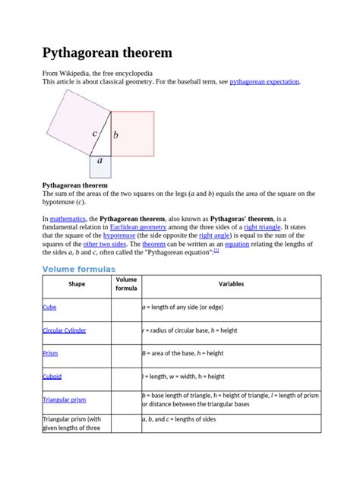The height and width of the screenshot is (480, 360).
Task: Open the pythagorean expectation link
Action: [264, 81]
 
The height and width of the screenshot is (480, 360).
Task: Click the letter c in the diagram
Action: [95, 134]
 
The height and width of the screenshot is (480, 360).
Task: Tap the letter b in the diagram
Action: [115, 136]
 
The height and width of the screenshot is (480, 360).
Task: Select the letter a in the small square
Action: [100, 161]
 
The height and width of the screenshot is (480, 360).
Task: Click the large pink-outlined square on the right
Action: [134, 133]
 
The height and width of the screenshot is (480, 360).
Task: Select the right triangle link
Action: [262, 227]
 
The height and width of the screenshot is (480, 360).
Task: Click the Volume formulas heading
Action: [79, 269]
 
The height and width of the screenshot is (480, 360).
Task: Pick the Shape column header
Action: [77, 285]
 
